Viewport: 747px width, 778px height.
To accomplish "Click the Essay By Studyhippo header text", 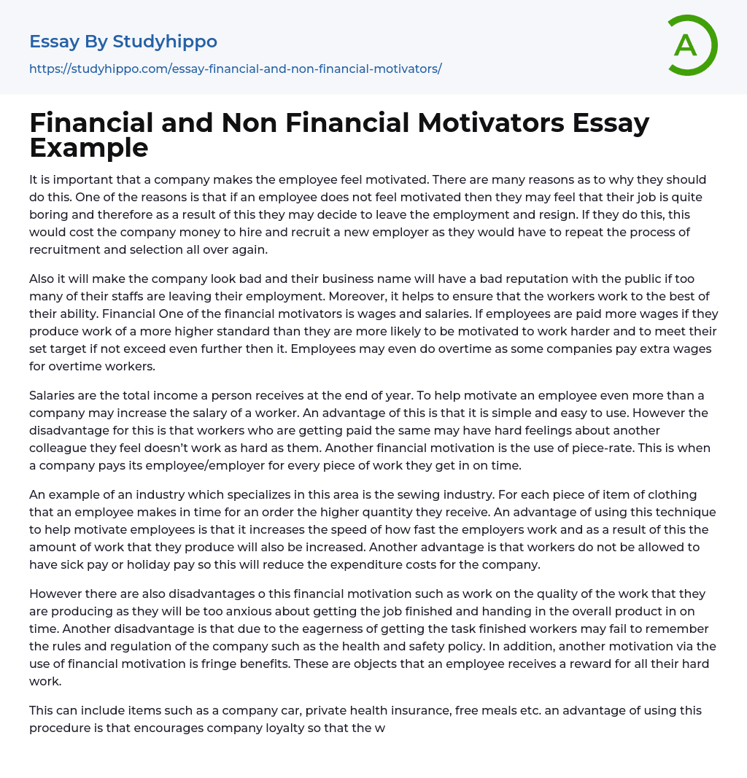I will tap(123, 42).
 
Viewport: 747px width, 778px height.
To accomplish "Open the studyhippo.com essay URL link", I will tap(235, 69).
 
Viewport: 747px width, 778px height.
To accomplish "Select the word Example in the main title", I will tap(88, 147).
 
